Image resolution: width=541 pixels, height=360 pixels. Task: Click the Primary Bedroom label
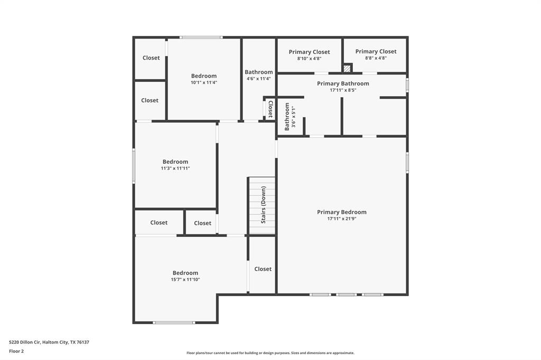(x=341, y=212)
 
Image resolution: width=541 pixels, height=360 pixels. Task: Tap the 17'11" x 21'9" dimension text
(x=341, y=219)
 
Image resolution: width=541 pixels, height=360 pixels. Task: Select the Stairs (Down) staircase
(x=262, y=205)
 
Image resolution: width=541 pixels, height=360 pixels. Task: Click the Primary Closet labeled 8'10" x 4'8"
(x=309, y=52)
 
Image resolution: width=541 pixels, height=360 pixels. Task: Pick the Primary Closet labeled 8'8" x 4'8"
(x=376, y=51)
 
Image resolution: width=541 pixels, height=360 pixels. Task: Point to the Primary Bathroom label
(x=343, y=83)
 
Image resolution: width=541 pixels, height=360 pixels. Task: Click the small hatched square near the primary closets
(x=347, y=68)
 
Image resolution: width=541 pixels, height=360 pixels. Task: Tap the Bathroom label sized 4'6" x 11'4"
(x=258, y=72)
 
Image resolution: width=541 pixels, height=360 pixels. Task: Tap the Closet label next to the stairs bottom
(x=263, y=269)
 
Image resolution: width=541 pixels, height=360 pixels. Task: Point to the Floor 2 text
(x=16, y=350)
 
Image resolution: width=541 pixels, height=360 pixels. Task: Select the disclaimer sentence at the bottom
(x=270, y=353)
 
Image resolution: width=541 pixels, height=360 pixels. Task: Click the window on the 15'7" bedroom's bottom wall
(x=174, y=323)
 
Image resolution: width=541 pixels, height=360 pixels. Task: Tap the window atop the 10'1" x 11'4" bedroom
(x=201, y=37)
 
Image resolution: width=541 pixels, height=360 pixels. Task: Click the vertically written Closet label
(x=270, y=109)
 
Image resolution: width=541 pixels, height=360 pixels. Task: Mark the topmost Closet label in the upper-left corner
(x=151, y=58)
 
